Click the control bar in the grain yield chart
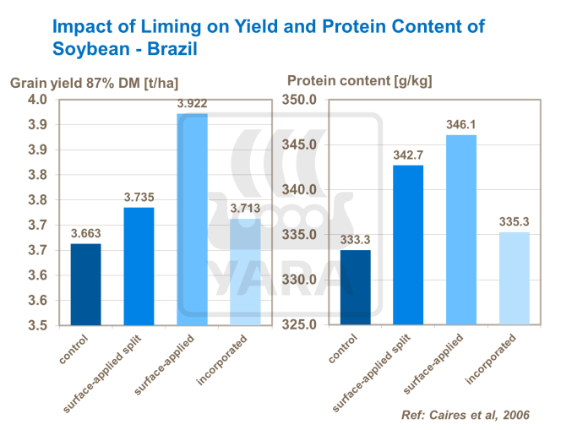(x=86, y=284)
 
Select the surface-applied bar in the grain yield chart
(x=192, y=219)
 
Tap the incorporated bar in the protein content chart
(x=515, y=278)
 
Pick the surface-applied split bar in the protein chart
(x=408, y=244)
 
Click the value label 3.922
(x=192, y=105)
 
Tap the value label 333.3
(x=355, y=240)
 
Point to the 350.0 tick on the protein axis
(x=300, y=100)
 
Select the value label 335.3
(x=515, y=222)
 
